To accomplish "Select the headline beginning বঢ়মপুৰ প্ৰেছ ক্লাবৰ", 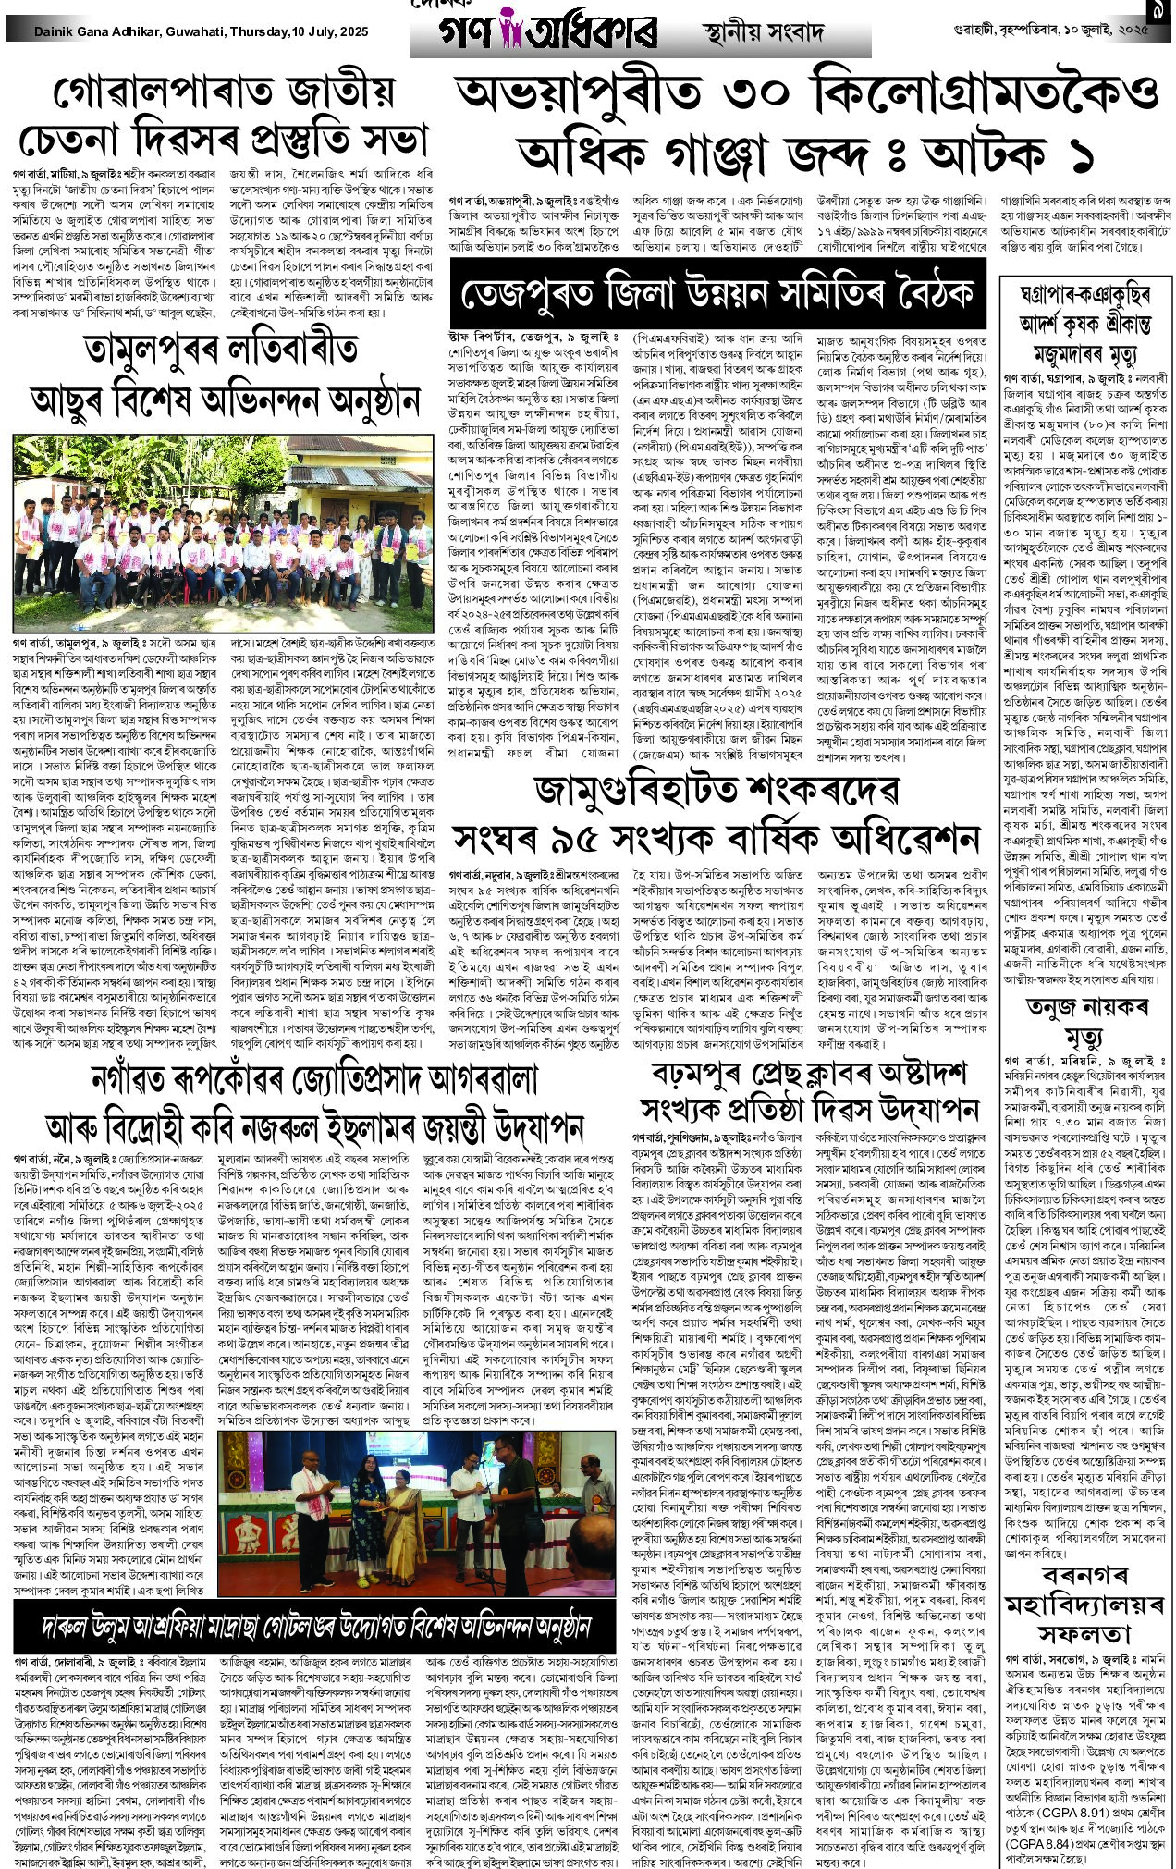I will [809, 1076].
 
